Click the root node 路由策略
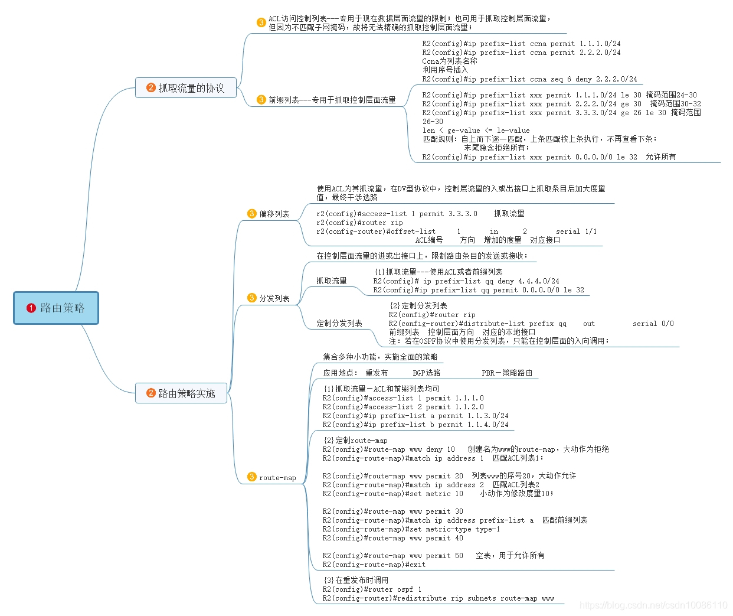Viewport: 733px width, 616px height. point(56,308)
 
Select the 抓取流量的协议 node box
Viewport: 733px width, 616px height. point(186,88)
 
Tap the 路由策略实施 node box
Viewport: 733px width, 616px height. point(181,393)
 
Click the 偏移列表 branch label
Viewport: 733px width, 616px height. point(274,214)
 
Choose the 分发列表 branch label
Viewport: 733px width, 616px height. point(274,298)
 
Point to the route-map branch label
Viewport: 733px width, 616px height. point(277,478)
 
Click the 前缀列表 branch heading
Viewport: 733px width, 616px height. point(332,100)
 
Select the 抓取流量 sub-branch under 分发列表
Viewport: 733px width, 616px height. point(332,281)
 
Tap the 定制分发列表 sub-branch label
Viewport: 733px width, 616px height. point(339,323)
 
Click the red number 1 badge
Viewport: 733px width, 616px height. point(31,308)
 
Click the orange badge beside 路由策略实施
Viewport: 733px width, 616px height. point(151,393)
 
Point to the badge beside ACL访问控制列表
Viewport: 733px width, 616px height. point(261,22)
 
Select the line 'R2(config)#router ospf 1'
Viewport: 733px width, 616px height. point(372,589)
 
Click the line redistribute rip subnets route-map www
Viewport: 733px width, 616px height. point(438,598)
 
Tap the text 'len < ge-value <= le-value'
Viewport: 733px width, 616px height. point(476,131)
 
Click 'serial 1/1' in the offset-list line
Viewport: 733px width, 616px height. point(576,232)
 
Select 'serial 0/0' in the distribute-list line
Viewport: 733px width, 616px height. point(653,324)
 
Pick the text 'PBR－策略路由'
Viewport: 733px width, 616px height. point(507,373)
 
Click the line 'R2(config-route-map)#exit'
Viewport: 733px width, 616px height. point(374,565)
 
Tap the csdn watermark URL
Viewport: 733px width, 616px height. point(653,605)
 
